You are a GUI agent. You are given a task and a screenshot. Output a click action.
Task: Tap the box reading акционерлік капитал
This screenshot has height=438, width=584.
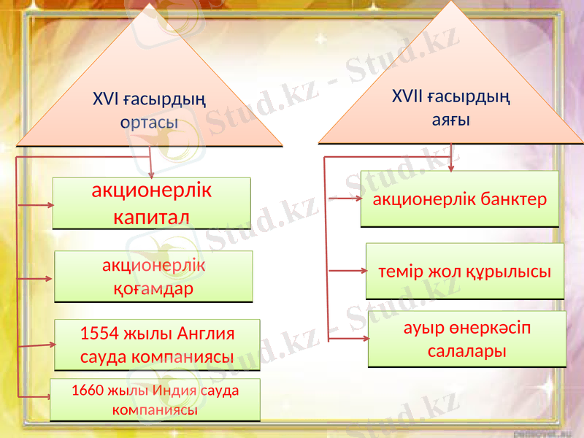click(152, 204)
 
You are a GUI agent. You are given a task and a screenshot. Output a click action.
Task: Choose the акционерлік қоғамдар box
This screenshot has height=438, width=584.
click(154, 277)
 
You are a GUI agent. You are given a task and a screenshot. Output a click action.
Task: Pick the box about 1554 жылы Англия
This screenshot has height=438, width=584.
click(158, 345)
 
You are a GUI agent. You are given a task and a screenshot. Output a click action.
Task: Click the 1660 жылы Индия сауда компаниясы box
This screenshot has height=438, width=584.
click(155, 399)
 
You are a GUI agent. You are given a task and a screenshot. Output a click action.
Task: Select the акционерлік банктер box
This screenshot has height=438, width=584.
click(459, 199)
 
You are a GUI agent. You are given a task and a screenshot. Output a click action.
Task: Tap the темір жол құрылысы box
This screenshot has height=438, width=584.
click(464, 272)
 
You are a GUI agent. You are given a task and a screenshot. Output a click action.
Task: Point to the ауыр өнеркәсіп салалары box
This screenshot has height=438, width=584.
click(466, 339)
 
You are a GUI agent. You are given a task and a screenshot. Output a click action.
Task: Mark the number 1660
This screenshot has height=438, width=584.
click(88, 390)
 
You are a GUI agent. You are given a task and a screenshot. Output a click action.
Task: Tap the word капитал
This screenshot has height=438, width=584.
click(152, 218)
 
